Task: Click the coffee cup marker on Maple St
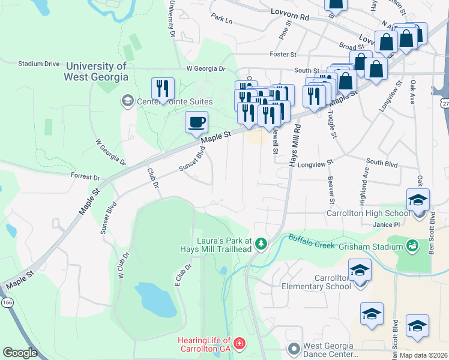196,123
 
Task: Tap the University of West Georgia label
97,71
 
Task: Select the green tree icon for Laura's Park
261,243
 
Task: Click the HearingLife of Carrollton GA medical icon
240,343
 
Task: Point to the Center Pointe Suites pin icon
127,100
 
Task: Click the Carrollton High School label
368,213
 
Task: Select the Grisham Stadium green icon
412,246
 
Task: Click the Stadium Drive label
39,63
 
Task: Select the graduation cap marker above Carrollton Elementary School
360,270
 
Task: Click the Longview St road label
315,163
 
